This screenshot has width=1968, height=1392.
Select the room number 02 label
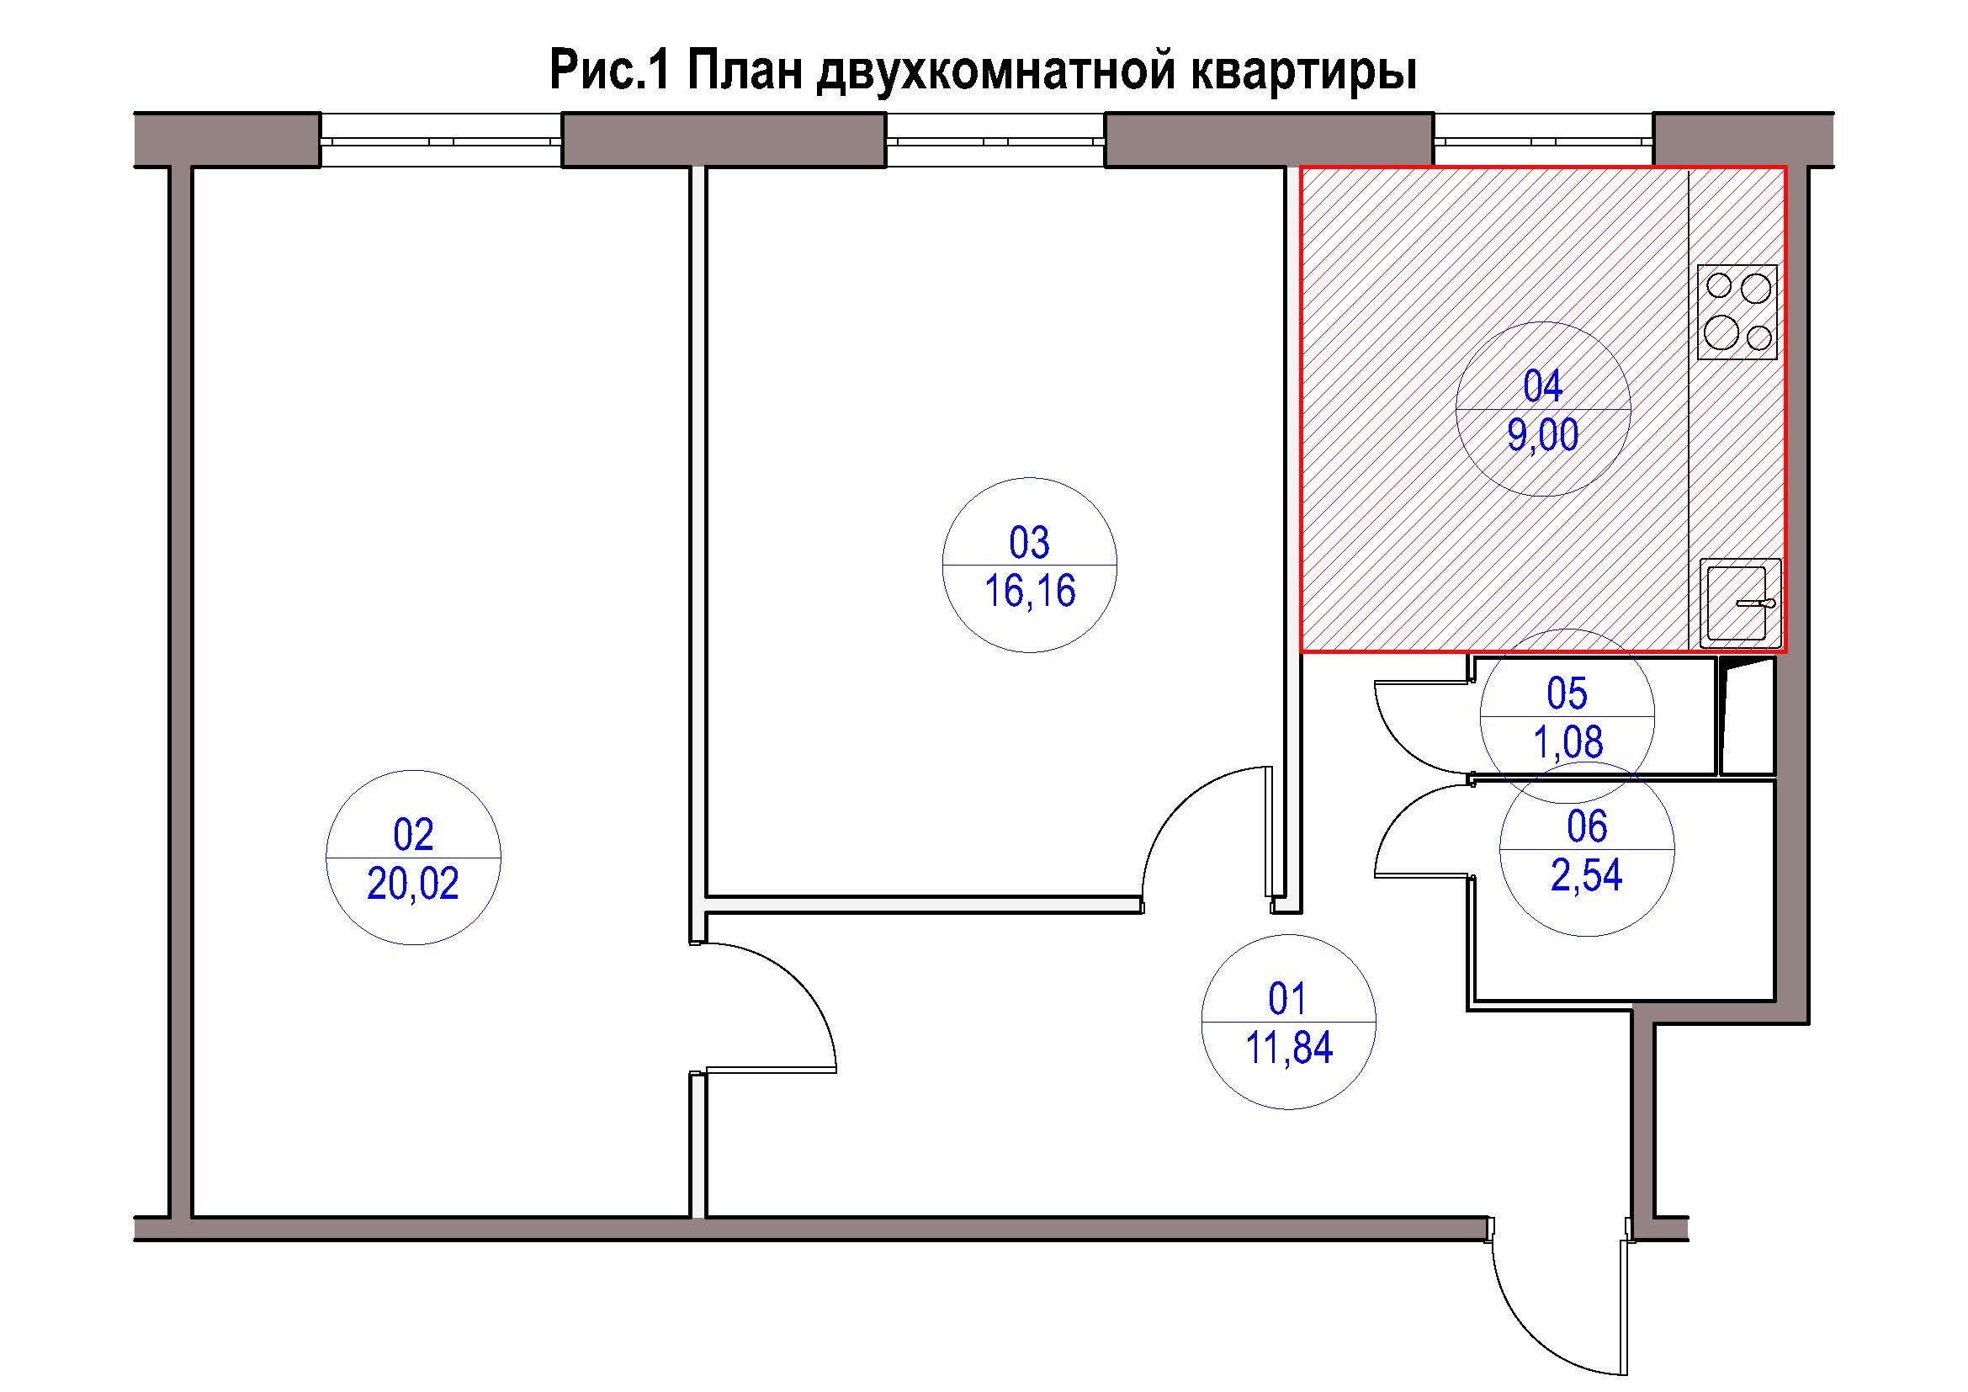click(x=413, y=834)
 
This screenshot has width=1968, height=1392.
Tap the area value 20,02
click(x=413, y=884)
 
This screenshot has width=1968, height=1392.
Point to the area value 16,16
click(x=1029, y=592)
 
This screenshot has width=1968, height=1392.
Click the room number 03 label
click(x=1029, y=543)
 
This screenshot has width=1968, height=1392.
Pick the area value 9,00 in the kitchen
click(x=1543, y=435)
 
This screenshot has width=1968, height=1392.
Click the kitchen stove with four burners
click(x=1737, y=311)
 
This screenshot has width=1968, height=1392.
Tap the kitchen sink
click(x=1740, y=602)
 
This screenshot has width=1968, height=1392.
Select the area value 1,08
click(x=1567, y=742)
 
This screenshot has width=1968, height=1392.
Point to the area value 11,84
click(x=1288, y=1048)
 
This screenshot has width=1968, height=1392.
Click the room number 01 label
click(x=1287, y=999)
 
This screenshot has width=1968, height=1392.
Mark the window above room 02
click(x=441, y=140)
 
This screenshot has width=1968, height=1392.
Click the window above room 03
click(x=995, y=140)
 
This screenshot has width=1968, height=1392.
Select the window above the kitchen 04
click(x=1543, y=140)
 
